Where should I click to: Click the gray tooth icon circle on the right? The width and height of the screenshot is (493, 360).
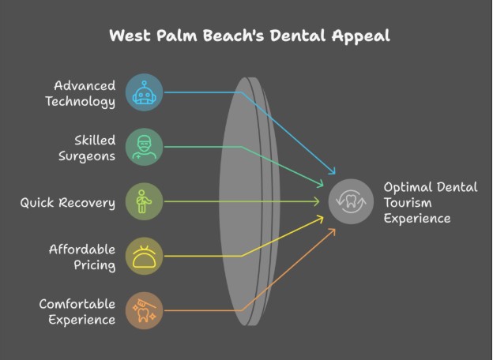pyautogui.click(x=351, y=202)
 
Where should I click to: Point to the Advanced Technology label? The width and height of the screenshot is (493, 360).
pyautogui.click(x=84, y=93)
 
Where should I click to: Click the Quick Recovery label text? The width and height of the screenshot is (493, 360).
pyautogui.click(x=68, y=203)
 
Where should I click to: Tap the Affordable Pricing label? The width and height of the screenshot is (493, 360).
pyautogui.click(x=82, y=257)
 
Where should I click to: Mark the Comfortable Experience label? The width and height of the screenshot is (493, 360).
pyautogui.click(x=77, y=311)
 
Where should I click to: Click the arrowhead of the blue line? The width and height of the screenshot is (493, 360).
pyautogui.click(x=334, y=173)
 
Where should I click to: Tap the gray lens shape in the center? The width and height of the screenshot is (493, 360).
pyautogui.click(x=246, y=201)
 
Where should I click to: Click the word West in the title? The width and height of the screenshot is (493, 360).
pyautogui.click(x=128, y=36)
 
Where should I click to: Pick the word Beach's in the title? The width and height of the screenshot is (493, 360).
pyautogui.click(x=228, y=36)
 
